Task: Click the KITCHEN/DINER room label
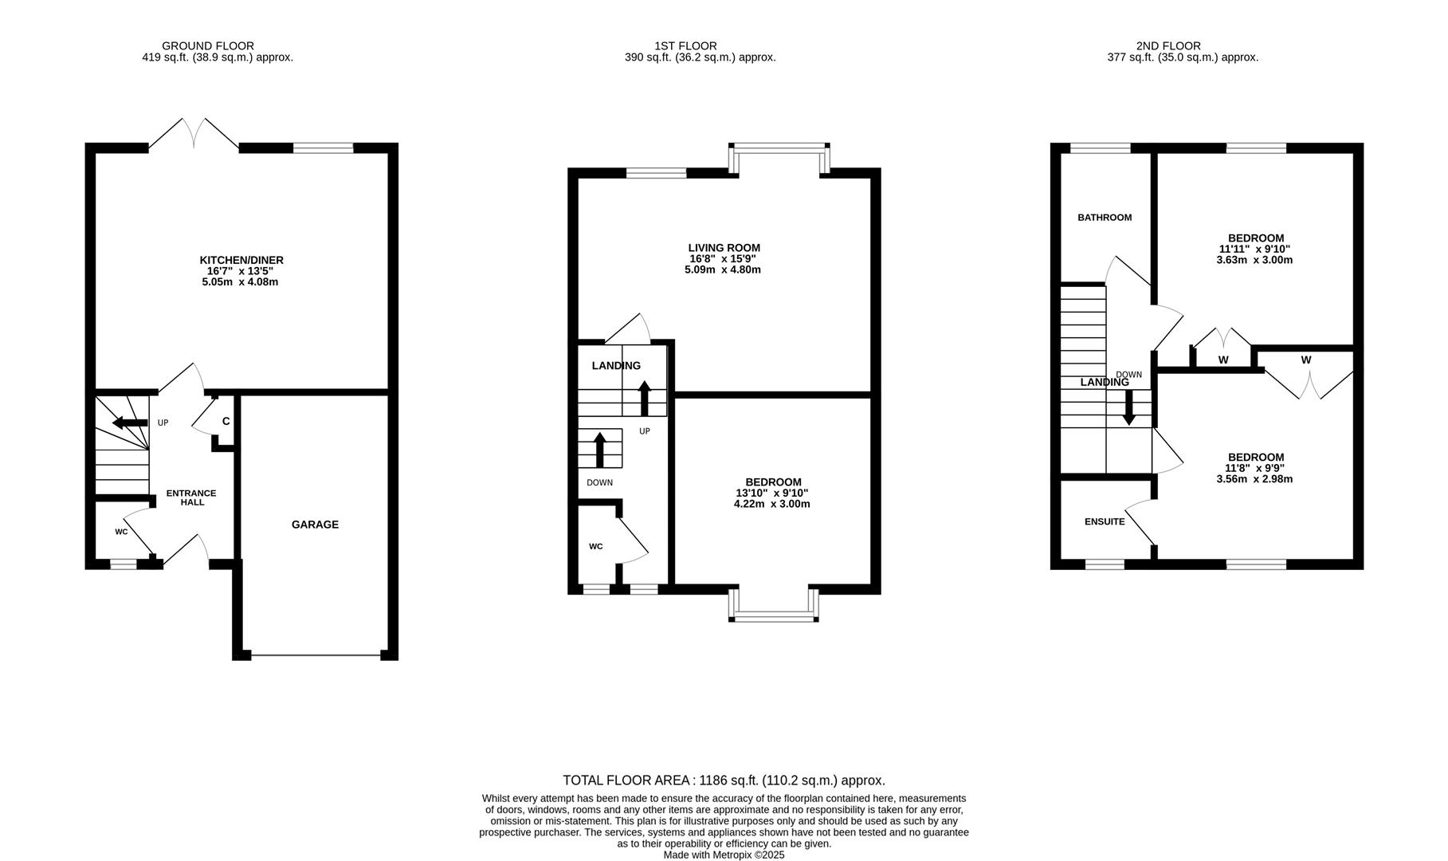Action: (x=241, y=260)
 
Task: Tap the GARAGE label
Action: (x=315, y=525)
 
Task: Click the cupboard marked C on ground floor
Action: (x=226, y=421)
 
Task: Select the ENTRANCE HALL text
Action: (x=191, y=497)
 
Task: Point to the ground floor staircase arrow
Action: (x=129, y=423)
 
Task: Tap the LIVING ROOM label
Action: (x=724, y=248)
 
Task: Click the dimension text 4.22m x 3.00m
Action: (x=771, y=504)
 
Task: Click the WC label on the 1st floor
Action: (x=595, y=546)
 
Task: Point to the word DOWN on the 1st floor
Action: (x=599, y=482)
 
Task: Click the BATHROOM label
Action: (x=1105, y=218)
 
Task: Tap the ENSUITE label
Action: (x=1105, y=521)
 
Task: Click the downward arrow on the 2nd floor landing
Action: (x=1128, y=408)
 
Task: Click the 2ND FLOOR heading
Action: (x=1168, y=46)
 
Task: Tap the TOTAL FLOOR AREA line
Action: (x=724, y=780)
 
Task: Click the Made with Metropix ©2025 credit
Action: (x=724, y=855)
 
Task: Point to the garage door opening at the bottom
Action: (x=316, y=655)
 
